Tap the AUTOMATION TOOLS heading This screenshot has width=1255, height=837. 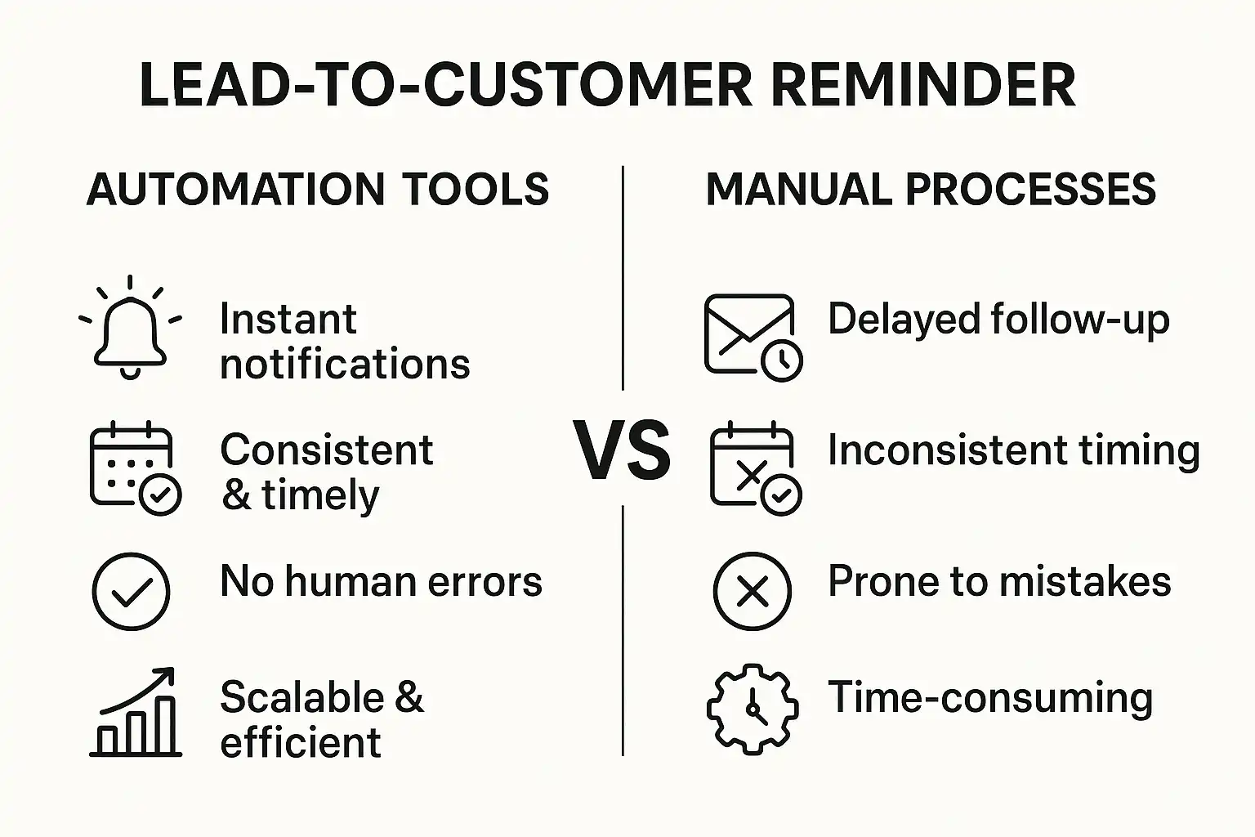318,190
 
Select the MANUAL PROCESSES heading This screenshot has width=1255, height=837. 931,190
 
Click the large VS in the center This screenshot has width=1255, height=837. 623,450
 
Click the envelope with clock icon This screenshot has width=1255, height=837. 753,338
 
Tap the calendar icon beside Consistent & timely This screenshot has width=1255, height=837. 135,467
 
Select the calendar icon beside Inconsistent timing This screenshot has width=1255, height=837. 755,467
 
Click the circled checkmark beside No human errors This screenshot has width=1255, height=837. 131,592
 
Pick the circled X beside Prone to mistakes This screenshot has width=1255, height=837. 753,592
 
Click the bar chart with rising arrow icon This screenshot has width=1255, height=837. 136,712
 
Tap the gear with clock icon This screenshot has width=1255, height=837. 753,709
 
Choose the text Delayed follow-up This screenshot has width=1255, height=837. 998,320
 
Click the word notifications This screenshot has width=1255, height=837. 345,364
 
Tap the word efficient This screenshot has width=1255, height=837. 301,742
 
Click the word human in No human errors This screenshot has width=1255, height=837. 351,581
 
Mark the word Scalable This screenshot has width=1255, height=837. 302,697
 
